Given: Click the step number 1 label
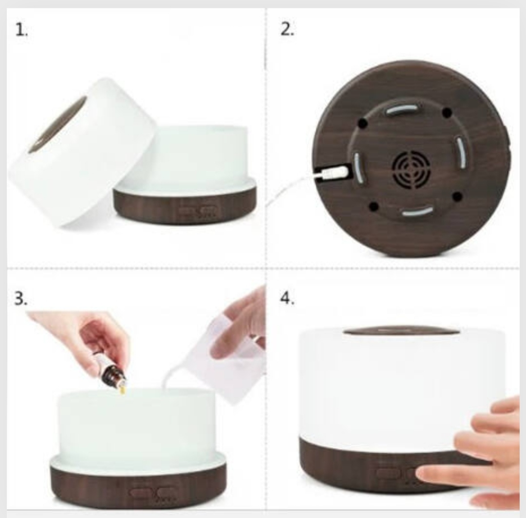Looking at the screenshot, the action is point(21,30).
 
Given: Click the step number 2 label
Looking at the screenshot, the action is point(287,30).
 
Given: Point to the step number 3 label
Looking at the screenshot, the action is point(21,298).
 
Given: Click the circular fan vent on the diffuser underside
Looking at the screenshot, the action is point(411,170).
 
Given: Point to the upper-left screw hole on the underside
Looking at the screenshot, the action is point(363,124).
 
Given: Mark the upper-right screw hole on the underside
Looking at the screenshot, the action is point(447,112).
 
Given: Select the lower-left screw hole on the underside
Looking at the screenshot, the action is point(374,206).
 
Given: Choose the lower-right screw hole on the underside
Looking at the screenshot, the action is point(457,196).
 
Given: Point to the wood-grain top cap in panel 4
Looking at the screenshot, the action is point(402,331).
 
